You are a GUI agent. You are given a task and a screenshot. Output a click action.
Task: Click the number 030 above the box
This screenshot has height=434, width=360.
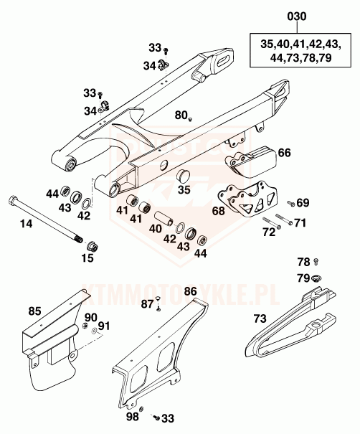[x=297, y=16]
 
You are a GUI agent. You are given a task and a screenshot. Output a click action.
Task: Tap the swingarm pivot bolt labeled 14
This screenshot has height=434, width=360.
[x=45, y=219]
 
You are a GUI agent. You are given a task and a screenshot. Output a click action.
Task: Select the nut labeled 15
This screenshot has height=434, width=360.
[x=93, y=246]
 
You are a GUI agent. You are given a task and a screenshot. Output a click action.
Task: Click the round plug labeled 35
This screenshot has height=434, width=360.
[x=183, y=176]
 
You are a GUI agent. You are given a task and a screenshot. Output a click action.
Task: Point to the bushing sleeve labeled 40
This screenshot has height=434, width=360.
[x=165, y=218]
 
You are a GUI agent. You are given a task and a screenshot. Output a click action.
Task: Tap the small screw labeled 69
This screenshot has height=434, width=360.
[x=290, y=203]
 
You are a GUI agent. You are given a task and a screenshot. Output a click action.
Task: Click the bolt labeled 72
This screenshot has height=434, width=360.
[x=272, y=223]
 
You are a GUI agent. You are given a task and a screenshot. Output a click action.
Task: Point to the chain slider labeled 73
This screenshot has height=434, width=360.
[x=291, y=323]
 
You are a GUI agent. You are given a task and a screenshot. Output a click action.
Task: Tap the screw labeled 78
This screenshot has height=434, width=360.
[x=316, y=260]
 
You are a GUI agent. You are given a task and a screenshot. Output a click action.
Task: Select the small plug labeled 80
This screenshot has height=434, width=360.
[x=190, y=119]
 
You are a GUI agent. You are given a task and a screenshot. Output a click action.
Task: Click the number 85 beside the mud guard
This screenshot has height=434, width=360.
[x=34, y=311]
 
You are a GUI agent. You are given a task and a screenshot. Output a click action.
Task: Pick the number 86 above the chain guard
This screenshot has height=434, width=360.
[x=190, y=291]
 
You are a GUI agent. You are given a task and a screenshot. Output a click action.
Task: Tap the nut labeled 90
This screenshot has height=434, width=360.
[x=85, y=326]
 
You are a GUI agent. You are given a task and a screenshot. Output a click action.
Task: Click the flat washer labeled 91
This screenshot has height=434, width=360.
[x=95, y=331]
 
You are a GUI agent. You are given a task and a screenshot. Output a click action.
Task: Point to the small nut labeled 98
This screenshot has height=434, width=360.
[x=141, y=409]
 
